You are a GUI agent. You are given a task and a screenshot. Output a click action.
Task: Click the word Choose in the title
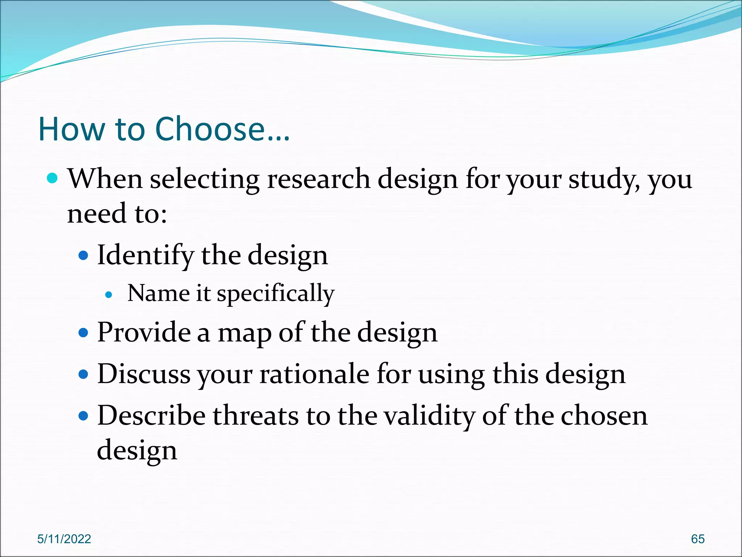(210, 129)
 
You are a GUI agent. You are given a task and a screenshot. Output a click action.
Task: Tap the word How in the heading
(71, 129)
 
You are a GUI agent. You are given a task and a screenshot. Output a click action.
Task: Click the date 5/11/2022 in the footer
(64, 539)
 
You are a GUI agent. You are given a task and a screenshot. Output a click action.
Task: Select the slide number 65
(697, 539)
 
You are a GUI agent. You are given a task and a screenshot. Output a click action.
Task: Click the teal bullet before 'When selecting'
(53, 178)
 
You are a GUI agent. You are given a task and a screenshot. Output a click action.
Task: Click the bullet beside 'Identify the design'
(83, 256)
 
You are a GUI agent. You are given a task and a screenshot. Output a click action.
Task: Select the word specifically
(275, 294)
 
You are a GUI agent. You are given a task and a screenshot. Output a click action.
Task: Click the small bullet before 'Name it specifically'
(108, 295)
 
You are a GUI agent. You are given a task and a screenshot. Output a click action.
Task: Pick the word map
(244, 333)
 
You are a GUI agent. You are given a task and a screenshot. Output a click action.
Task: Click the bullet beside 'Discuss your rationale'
(83, 374)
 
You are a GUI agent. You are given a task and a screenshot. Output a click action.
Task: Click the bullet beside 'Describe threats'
(83, 416)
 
